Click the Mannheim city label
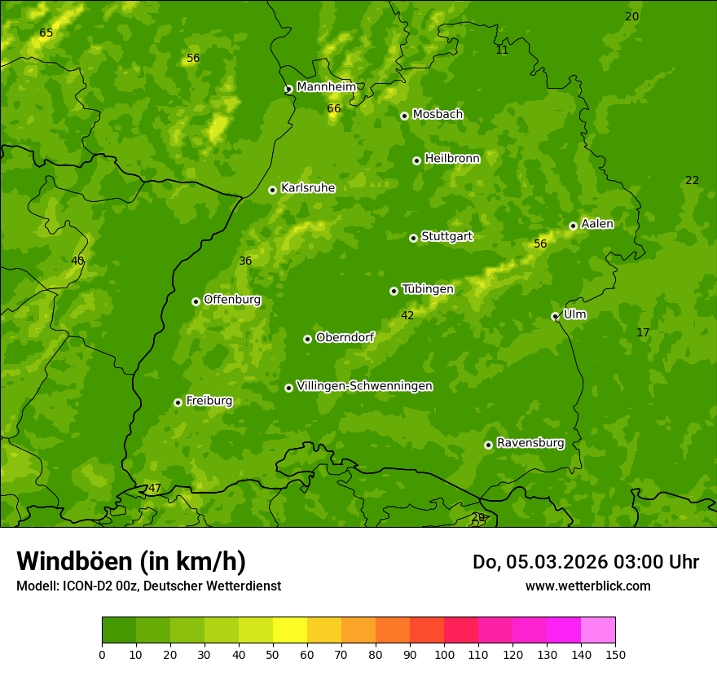pyautogui.click(x=326, y=87)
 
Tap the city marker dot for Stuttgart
pyautogui.click(x=413, y=238)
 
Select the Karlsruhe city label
pyautogui.click(x=307, y=188)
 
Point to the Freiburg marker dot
pyautogui.click(x=178, y=402)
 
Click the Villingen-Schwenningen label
pyautogui.click(x=364, y=386)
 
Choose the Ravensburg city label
pyautogui.click(x=530, y=443)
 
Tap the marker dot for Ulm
pyautogui.click(x=555, y=316)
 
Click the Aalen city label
pyautogui.click(x=596, y=224)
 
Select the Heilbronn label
pyautogui.click(x=452, y=159)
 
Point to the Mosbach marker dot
pyautogui.click(x=404, y=116)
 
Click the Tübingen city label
pyautogui.click(x=427, y=289)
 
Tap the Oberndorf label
pyautogui.click(x=345, y=337)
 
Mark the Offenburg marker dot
pyautogui.click(x=196, y=301)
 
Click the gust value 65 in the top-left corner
pyautogui.click(x=46, y=33)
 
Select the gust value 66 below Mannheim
pyautogui.click(x=334, y=108)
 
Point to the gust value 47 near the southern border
pyautogui.click(x=154, y=489)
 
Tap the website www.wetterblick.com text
pyautogui.click(x=587, y=586)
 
